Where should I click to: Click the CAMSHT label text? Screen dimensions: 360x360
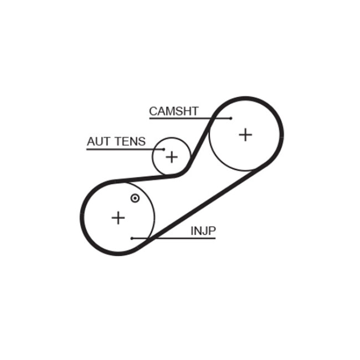point(173,111)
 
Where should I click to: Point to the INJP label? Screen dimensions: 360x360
point(203,230)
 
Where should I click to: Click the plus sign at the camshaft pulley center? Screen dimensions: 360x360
point(245,134)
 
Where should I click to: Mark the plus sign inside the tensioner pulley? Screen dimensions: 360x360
point(172,157)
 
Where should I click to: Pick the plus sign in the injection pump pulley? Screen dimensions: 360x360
point(118,218)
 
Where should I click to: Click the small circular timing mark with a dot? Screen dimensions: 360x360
point(135,198)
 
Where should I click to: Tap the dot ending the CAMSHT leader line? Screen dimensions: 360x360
point(230,118)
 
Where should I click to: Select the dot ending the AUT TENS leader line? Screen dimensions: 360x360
point(164,149)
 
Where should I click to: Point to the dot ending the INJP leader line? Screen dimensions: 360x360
point(132,239)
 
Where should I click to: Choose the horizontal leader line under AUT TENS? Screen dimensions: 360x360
point(122,149)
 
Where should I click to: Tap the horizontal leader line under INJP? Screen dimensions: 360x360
point(177,239)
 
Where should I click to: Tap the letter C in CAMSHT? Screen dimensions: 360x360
point(153,111)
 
